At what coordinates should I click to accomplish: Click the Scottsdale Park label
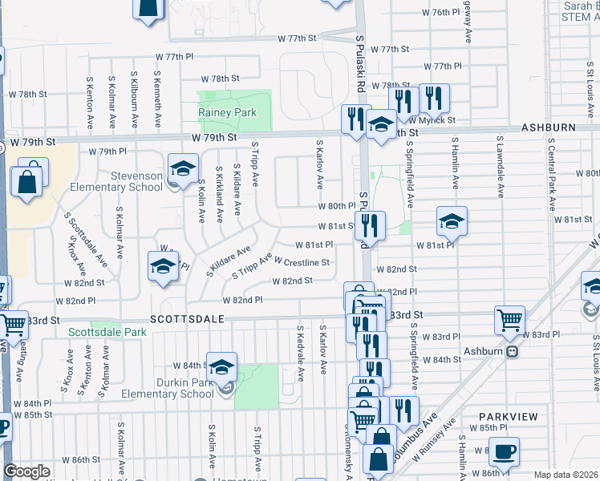click(x=107, y=332)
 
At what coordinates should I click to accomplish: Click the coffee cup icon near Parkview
click(x=504, y=452)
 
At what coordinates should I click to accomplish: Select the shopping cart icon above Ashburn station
click(x=510, y=321)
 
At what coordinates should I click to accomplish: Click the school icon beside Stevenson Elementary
click(x=183, y=169)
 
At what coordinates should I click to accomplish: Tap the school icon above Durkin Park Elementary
click(x=221, y=367)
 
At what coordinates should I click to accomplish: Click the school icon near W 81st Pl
click(x=452, y=221)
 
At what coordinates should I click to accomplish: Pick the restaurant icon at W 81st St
click(x=370, y=226)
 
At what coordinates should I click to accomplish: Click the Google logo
click(x=26, y=471)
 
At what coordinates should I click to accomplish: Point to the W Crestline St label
click(x=302, y=262)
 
